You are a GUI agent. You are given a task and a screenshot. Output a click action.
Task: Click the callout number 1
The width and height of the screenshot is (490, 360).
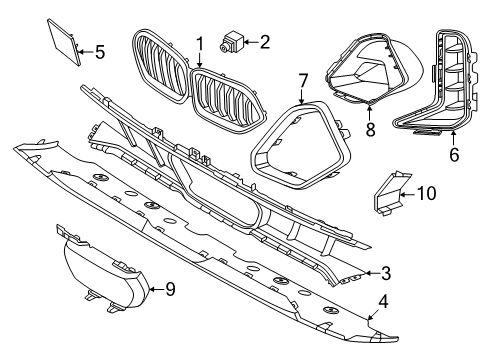[199, 43]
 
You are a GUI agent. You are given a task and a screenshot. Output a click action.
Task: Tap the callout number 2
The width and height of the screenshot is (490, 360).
[265, 42]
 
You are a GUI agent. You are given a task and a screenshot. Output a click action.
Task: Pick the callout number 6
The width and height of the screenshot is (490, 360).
[454, 156]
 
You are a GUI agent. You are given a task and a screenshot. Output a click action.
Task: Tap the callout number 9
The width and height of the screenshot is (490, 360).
[169, 291]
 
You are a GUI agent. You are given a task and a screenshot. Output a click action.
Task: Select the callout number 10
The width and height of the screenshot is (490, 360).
[426, 192]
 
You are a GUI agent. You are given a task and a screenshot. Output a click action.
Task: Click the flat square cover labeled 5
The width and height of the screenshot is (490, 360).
[65, 41]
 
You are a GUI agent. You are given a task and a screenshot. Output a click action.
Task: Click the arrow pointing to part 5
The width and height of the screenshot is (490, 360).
[86, 49]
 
